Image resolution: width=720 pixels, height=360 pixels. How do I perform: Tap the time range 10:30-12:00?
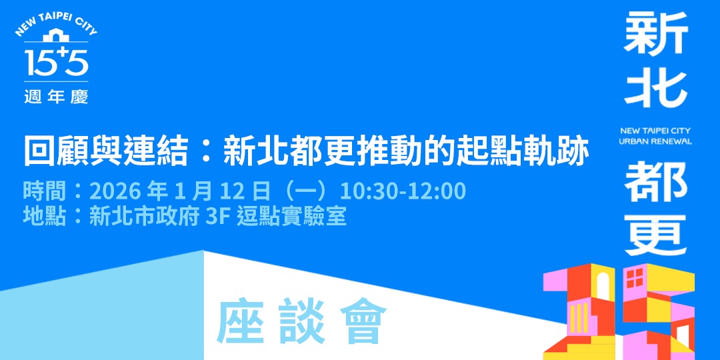[403, 191]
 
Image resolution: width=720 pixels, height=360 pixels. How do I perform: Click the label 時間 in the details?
[44, 191]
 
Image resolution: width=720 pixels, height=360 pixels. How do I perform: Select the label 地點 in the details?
[44, 216]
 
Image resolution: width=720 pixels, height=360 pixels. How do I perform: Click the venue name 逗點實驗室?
[292, 216]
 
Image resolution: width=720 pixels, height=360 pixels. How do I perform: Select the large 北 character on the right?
[655, 90]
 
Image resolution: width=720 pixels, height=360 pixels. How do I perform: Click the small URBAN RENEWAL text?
[655, 141]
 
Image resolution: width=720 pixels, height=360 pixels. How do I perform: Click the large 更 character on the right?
[655, 235]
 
